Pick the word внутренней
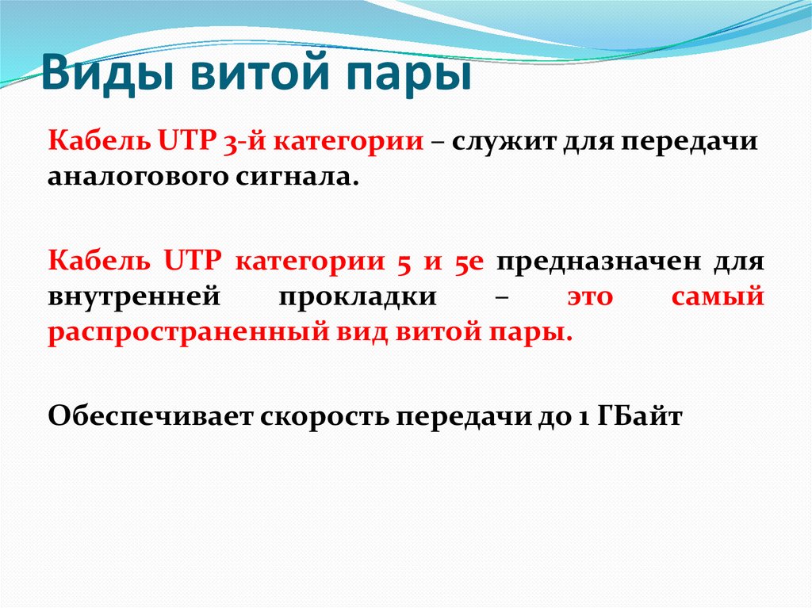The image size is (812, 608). (x=133, y=296)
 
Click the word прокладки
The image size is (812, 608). (x=358, y=296)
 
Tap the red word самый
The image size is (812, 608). (x=718, y=296)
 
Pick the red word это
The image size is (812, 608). (x=591, y=296)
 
